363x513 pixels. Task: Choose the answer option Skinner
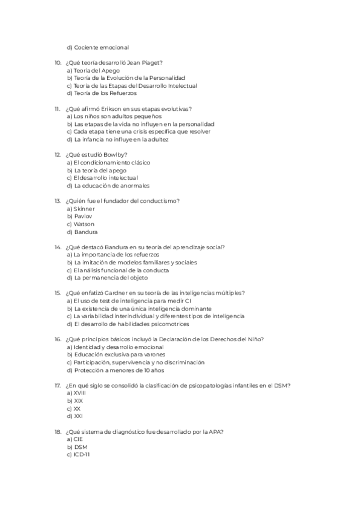pos(83,209)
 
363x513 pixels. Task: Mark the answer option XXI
pos(77,416)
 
